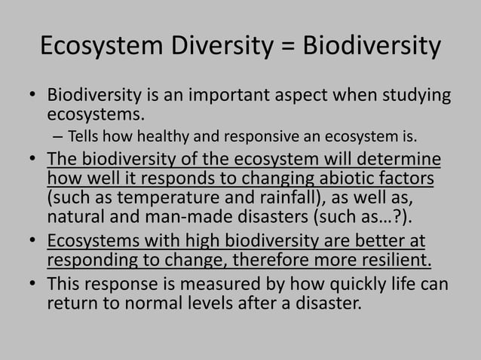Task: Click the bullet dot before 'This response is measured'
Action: point(34,285)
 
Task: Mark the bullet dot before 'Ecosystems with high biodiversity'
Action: point(34,243)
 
